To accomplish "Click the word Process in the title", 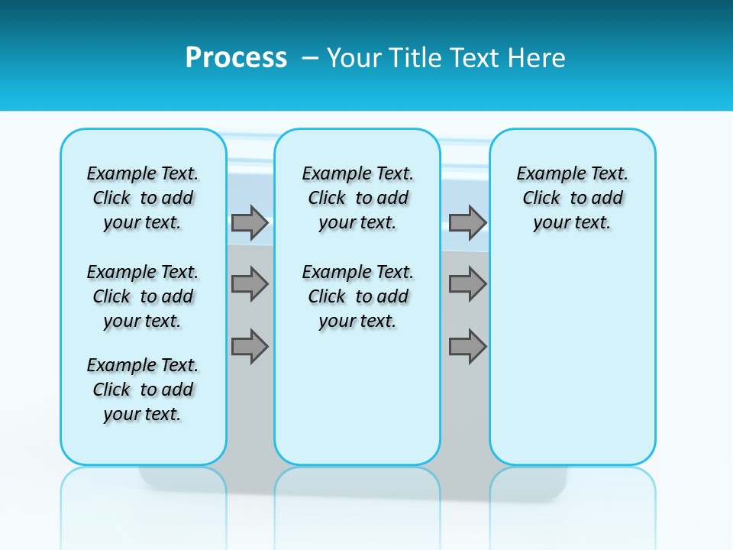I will point(236,58).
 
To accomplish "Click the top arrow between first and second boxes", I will point(250,222).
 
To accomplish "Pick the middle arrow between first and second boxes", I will point(250,284).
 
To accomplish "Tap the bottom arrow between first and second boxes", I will point(250,347).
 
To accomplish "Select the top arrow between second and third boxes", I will point(467,222).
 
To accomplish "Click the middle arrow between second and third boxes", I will point(467,284).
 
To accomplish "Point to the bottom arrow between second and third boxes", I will point(467,347).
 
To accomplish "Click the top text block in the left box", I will point(143,198).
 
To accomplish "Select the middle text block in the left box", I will point(143,296).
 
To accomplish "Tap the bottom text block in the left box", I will point(143,390).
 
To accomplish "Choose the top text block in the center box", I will point(357,198).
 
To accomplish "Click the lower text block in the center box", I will point(357,296).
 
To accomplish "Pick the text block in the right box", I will point(573,198).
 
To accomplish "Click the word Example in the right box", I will point(545,174).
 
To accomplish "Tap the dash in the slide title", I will point(310,58).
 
